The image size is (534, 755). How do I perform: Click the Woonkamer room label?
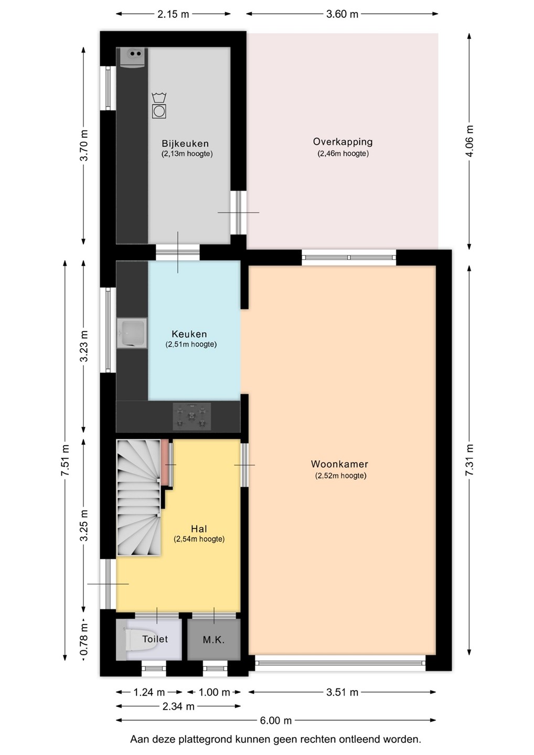(x=339, y=464)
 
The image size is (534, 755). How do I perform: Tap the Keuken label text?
(x=189, y=334)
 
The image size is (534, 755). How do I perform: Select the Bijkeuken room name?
(x=185, y=144)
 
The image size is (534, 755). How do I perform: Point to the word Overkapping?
(x=343, y=142)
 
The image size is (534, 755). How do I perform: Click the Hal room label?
(x=199, y=529)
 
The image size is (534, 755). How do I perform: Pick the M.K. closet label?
(x=213, y=640)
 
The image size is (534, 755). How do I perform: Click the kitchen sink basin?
(x=132, y=333)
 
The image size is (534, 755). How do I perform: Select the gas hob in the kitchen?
(x=192, y=417)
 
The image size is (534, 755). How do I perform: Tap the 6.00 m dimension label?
(x=275, y=720)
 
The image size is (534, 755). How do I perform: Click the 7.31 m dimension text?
(x=470, y=460)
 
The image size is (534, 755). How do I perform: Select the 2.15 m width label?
(x=173, y=14)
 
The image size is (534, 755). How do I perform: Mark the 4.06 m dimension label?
(x=470, y=141)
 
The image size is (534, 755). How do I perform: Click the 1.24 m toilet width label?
(x=149, y=692)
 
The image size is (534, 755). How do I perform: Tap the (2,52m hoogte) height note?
(x=340, y=476)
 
